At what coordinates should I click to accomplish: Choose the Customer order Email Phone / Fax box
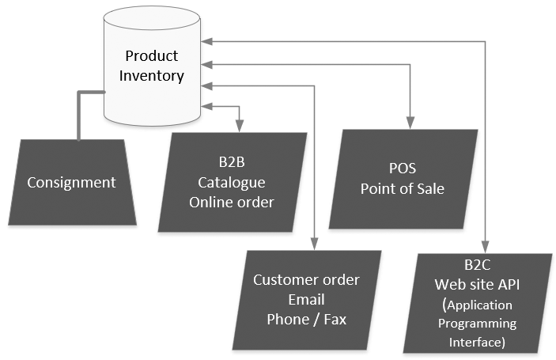coord(306,300)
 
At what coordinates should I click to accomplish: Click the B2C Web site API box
coord(478,304)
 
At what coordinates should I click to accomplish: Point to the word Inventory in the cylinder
coord(152,76)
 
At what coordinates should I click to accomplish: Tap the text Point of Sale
coord(402,189)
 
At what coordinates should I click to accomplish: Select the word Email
coord(306,300)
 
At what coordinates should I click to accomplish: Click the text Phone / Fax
coord(306,319)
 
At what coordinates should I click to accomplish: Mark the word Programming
coord(478,324)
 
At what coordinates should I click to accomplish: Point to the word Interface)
coord(478,342)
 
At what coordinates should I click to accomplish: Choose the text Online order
coord(232,203)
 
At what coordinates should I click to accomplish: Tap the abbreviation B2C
coord(478,265)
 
